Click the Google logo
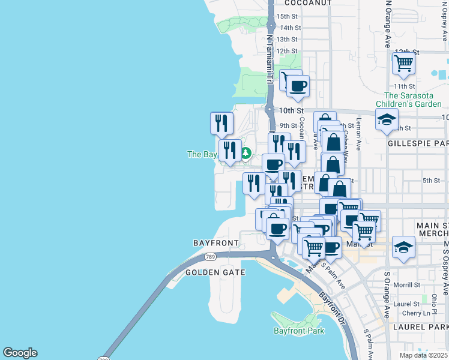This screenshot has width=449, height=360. (x=20, y=353)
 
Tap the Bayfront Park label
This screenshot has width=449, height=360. (x=299, y=331)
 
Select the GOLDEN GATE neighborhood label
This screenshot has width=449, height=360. (x=215, y=272)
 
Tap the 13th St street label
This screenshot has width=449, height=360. (x=288, y=40)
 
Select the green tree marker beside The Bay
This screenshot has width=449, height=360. (x=246, y=154)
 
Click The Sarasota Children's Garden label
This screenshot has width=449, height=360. (x=412, y=100)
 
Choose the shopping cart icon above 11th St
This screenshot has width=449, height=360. (x=404, y=63)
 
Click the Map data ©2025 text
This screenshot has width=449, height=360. (x=424, y=355)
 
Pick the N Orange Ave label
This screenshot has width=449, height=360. (x=388, y=24)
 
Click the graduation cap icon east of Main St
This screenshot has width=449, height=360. (x=404, y=247)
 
